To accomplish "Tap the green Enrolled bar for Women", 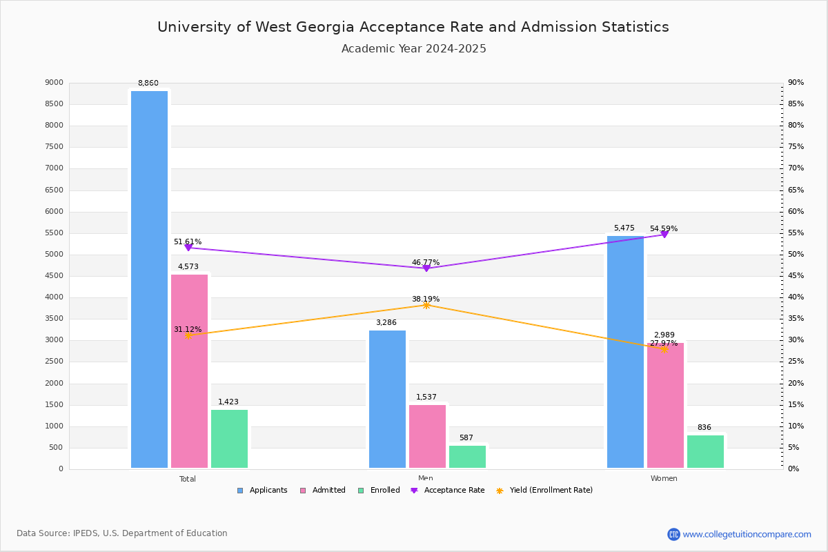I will (x=705, y=451).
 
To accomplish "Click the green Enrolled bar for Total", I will (x=229, y=439).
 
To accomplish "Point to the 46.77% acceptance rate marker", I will (x=426, y=268).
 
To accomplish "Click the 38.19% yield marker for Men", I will (x=426, y=305).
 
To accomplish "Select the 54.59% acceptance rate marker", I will (x=664, y=235).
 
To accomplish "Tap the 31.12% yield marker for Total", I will (x=188, y=335).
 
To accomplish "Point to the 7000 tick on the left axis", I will (x=55, y=168).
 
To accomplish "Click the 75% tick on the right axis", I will (x=796, y=147).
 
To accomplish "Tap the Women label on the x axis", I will (x=664, y=479).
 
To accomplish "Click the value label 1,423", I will (x=228, y=402).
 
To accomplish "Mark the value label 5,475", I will (x=624, y=228).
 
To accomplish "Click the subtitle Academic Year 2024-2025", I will (x=414, y=49).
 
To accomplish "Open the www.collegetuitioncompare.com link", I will (x=747, y=534).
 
